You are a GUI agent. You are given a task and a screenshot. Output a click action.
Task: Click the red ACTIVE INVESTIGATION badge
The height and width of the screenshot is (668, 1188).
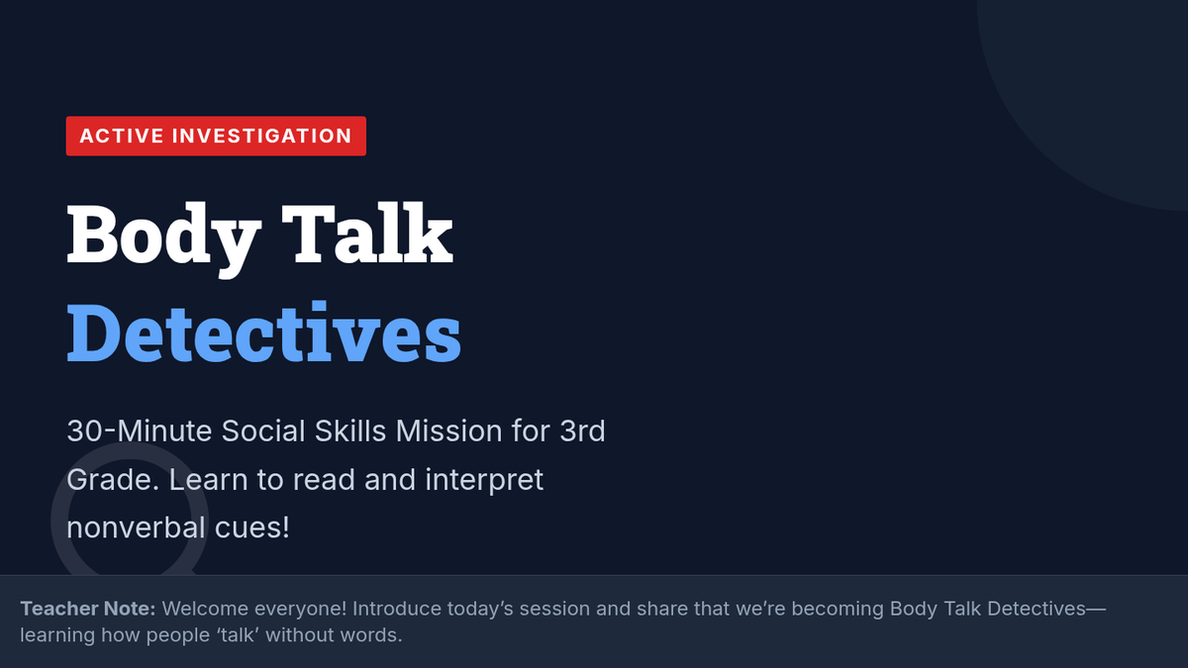click(x=216, y=136)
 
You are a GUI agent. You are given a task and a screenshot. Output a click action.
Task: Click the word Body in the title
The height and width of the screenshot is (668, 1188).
click(x=164, y=239)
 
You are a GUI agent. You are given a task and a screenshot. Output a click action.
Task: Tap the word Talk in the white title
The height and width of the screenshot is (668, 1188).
click(x=367, y=234)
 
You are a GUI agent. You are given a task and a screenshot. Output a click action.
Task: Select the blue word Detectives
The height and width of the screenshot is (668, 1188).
click(x=263, y=332)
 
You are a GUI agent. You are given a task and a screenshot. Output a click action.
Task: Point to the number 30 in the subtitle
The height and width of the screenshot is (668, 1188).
click(x=85, y=430)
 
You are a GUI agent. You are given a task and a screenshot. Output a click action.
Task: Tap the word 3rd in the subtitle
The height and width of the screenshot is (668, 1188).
click(x=582, y=430)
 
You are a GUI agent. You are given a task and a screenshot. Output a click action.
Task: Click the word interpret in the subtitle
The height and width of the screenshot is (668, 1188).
click(x=484, y=481)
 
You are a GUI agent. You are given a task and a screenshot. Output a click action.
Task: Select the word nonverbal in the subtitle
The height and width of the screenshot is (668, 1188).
click(x=136, y=528)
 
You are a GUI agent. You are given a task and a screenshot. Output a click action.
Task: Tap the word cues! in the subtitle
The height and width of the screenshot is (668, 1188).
click(x=251, y=528)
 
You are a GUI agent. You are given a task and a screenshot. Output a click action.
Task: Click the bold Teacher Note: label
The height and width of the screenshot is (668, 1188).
click(x=88, y=609)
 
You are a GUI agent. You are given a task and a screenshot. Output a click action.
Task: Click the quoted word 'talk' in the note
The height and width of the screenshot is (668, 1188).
click(x=238, y=635)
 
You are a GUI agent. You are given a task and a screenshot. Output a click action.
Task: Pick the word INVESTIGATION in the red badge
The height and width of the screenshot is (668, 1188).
click(x=262, y=136)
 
